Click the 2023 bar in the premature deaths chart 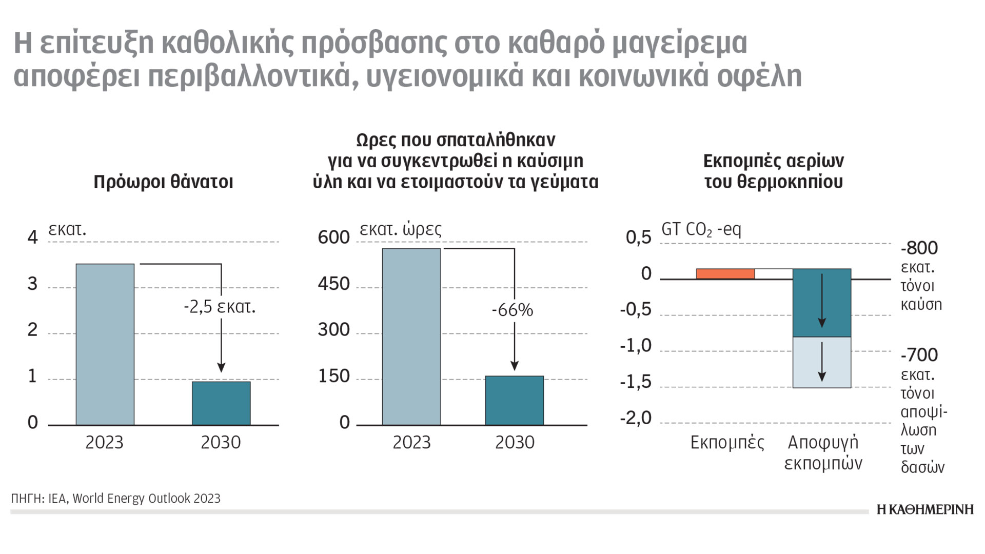coord(105,344)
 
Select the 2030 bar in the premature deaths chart coord(221,403)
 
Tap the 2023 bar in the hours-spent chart coord(411,337)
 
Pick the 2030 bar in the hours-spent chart coord(515,401)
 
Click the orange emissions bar coord(725,274)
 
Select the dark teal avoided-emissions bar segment coord(822,303)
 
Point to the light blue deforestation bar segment coord(822,362)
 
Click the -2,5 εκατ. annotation coord(220,307)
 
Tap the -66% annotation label coord(512,310)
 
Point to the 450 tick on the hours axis coord(333,284)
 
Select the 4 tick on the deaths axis coord(33,238)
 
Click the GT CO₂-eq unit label coord(701,229)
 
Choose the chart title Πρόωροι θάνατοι coord(163,182)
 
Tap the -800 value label coord(919,248)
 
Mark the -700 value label coord(919,355)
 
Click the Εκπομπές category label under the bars coord(727,443)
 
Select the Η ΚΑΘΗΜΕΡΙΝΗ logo coord(925,509)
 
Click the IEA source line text coord(116,499)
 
